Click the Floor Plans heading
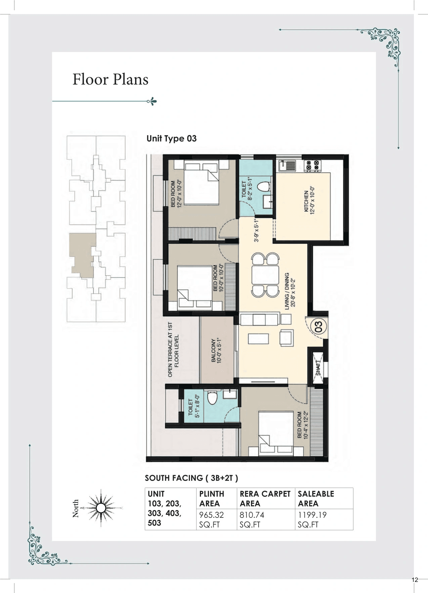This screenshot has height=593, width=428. pos(111,80)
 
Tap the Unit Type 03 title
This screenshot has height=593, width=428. pos(171,139)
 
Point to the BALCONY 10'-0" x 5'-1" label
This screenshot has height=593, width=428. pos(216,350)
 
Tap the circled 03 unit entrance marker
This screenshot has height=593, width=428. pos(318,327)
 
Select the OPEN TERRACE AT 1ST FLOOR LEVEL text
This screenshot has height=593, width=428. pos(173,350)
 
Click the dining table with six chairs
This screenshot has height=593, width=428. pos(265,275)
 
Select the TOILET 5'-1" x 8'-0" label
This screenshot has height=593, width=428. pos(194,406)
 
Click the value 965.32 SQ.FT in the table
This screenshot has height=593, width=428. pos(212,520)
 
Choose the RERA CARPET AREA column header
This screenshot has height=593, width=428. pos(265,498)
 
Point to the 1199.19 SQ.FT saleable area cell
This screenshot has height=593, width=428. pos(312,520)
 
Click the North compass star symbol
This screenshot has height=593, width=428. pos(101,508)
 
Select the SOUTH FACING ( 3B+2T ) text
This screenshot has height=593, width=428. pos(191,478)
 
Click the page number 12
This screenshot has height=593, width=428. pos(415,580)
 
